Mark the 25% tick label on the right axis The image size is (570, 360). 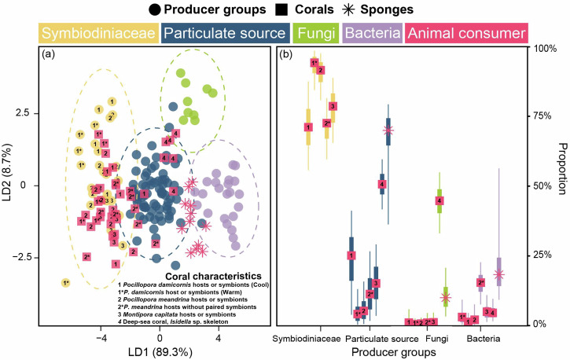coord(546,255)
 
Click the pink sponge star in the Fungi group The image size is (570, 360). coord(446,298)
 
